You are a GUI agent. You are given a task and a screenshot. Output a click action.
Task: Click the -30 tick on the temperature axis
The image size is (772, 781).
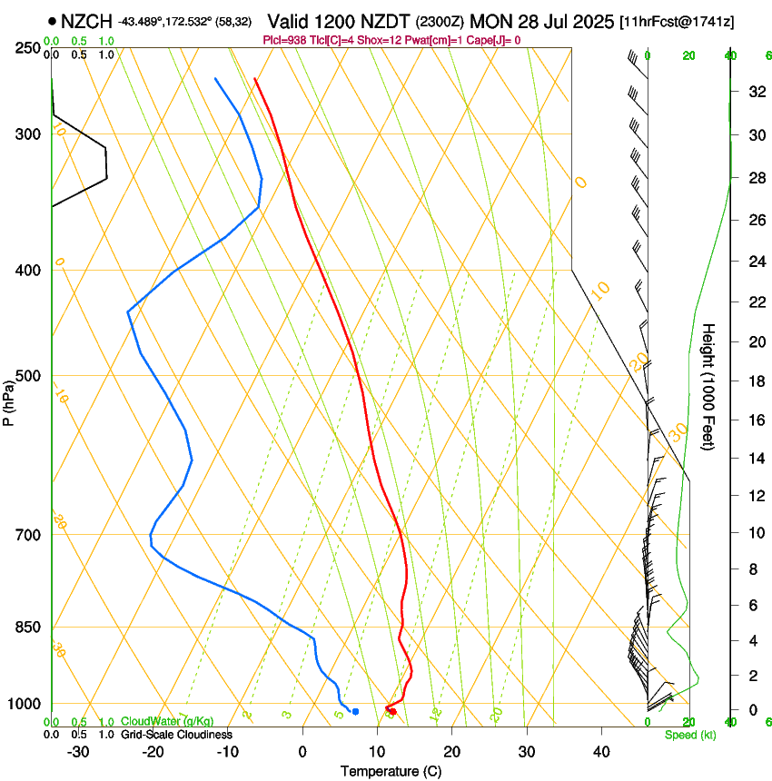(x=78, y=752)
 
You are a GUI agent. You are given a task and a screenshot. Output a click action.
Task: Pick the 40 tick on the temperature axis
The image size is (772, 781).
(x=600, y=752)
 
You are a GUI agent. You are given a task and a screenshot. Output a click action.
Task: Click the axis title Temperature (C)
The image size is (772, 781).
(x=391, y=771)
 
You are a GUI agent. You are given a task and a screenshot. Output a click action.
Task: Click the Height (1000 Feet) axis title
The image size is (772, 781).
(x=709, y=387)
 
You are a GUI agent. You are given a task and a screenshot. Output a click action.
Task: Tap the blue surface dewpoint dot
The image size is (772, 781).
(x=355, y=711)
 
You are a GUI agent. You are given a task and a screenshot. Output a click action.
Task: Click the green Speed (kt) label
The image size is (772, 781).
(x=689, y=735)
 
